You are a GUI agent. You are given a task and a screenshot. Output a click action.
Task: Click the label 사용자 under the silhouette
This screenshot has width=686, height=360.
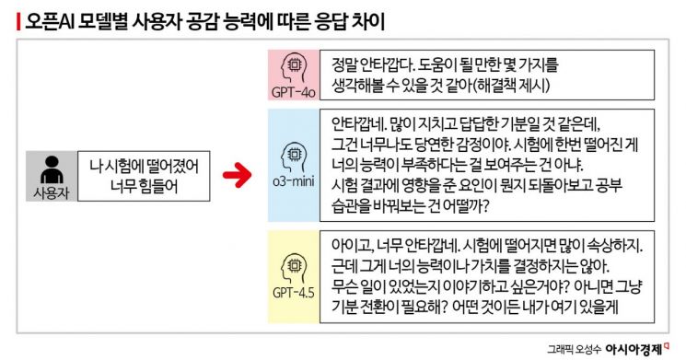click(x=52, y=192)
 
